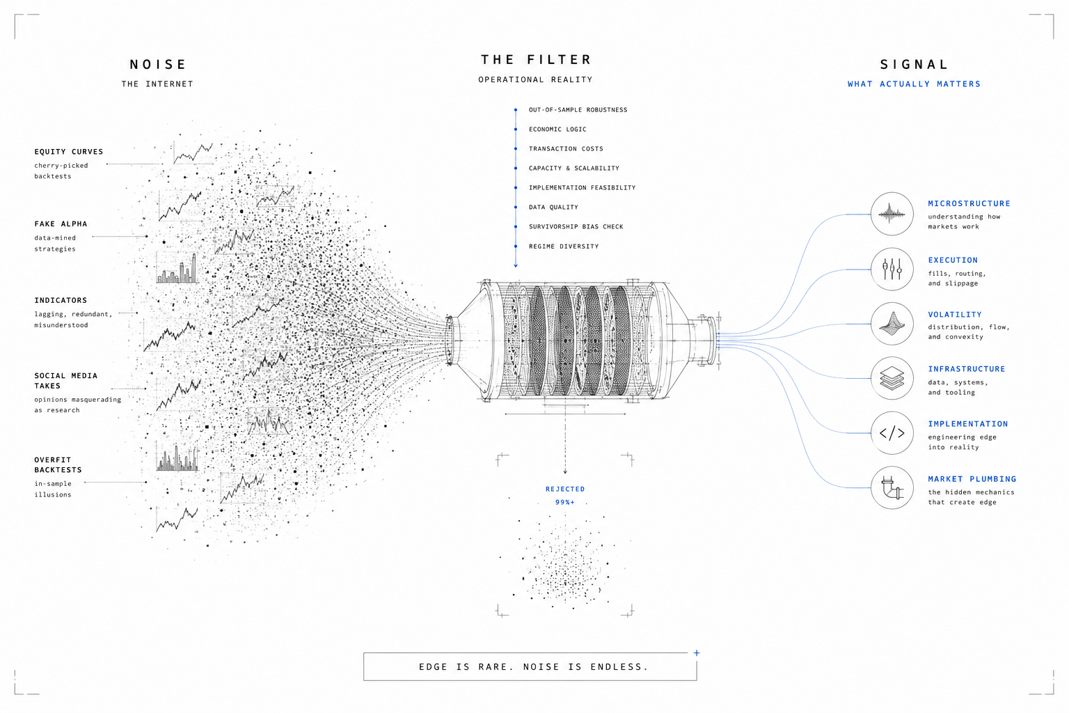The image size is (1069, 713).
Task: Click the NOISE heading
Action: [157, 65]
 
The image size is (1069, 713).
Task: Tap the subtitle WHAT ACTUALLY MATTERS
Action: [914, 84]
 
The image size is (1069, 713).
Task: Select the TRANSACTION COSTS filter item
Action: [566, 148]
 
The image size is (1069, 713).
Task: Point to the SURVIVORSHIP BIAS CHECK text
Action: [576, 226]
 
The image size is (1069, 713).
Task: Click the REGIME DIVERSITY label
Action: [564, 246]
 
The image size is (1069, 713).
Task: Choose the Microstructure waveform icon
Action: [892, 214]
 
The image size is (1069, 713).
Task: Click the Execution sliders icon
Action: [892, 269]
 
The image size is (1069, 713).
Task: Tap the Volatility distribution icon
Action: [892, 324]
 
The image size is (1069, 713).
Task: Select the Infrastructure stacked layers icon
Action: [892, 378]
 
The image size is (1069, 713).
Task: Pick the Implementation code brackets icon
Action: [892, 433]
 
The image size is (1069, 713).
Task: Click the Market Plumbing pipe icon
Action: [892, 487]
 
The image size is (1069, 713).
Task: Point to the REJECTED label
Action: [565, 489]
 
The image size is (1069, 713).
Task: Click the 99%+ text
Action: [565, 503]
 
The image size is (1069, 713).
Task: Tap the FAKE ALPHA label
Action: [61, 224]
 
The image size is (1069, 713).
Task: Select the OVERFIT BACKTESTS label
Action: [58, 464]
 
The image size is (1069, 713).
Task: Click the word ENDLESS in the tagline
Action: [619, 666]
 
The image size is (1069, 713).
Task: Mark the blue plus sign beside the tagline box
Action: [697, 653]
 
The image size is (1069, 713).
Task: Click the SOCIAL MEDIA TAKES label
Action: [66, 381]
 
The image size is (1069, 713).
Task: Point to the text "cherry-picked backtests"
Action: [61, 171]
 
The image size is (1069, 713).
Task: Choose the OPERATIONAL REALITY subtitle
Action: [535, 80]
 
